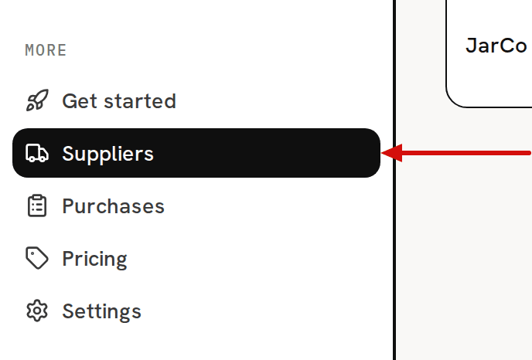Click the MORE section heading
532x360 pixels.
click(x=46, y=50)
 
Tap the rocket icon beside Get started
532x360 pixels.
click(x=37, y=100)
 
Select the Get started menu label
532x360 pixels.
click(x=119, y=101)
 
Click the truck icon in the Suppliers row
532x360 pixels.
click(x=37, y=153)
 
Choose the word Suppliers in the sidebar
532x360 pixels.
click(x=108, y=154)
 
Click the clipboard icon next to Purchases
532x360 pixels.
click(x=37, y=205)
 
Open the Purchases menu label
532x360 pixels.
click(x=114, y=206)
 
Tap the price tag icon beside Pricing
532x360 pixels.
click(x=37, y=258)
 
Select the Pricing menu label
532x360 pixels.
click(x=94, y=260)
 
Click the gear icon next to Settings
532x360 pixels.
click(x=37, y=311)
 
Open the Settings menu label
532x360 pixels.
click(x=102, y=311)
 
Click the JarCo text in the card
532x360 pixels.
click(x=496, y=46)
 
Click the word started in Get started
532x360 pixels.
click(x=140, y=101)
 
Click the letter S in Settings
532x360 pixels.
click(x=69, y=311)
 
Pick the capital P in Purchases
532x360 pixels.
click(x=69, y=206)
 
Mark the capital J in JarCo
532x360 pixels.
click(x=471, y=46)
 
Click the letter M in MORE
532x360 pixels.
click(x=29, y=50)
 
